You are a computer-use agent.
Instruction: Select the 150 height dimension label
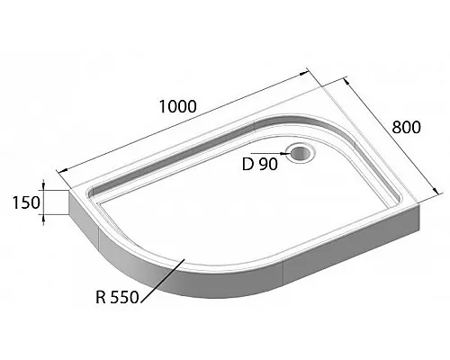27,202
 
